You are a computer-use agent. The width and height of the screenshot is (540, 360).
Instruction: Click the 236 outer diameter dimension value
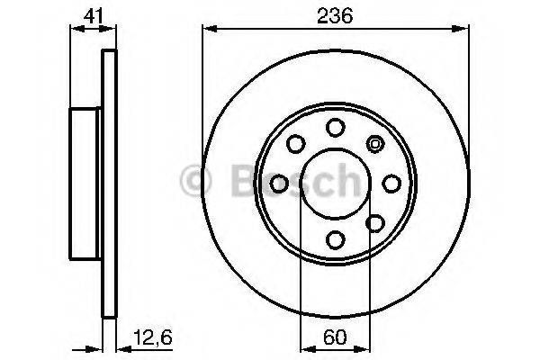point(337,15)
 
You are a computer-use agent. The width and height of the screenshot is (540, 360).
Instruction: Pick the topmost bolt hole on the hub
point(335,127)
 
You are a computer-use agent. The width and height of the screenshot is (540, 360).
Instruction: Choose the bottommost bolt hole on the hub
point(335,239)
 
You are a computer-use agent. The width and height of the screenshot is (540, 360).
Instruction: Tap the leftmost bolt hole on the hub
point(279,184)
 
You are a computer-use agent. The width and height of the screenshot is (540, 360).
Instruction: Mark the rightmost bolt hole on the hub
point(391,184)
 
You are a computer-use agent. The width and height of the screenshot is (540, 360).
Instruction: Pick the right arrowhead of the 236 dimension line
point(464,29)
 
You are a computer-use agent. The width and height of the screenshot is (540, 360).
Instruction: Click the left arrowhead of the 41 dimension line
point(75,29)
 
